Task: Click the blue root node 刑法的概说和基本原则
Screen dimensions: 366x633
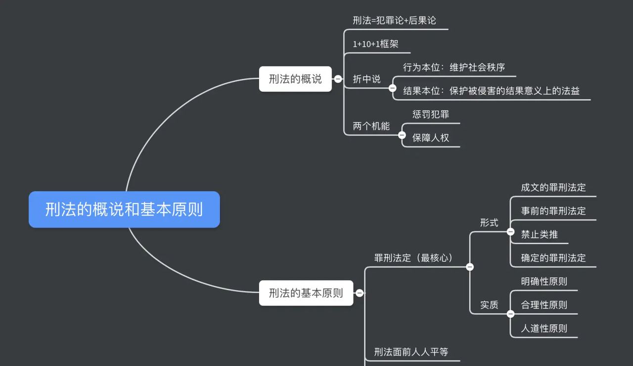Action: (124, 209)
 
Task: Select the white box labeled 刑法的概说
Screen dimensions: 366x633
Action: (295, 79)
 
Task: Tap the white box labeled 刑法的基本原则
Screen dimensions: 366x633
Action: (306, 293)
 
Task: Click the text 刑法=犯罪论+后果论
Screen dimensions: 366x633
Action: (394, 20)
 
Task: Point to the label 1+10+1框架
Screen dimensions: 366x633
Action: (375, 44)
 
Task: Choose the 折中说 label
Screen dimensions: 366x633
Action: (366, 79)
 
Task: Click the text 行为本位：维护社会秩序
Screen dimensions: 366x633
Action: (454, 67)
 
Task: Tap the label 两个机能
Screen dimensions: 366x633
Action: (371, 126)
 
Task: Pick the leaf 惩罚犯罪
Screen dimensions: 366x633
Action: (431, 114)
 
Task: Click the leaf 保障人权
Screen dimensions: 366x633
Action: (431, 138)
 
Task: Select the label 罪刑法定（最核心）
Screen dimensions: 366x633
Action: (413, 258)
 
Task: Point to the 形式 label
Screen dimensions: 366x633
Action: (489, 223)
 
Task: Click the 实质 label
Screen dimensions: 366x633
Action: (489, 305)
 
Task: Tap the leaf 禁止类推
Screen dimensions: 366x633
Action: (539, 234)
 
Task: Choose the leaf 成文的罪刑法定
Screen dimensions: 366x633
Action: (553, 187)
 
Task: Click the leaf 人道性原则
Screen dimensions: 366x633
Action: (544, 328)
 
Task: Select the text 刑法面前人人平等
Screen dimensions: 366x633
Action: (411, 352)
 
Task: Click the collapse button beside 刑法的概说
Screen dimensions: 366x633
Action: (338, 79)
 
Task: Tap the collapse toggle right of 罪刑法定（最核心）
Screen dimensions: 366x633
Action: (470, 267)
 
